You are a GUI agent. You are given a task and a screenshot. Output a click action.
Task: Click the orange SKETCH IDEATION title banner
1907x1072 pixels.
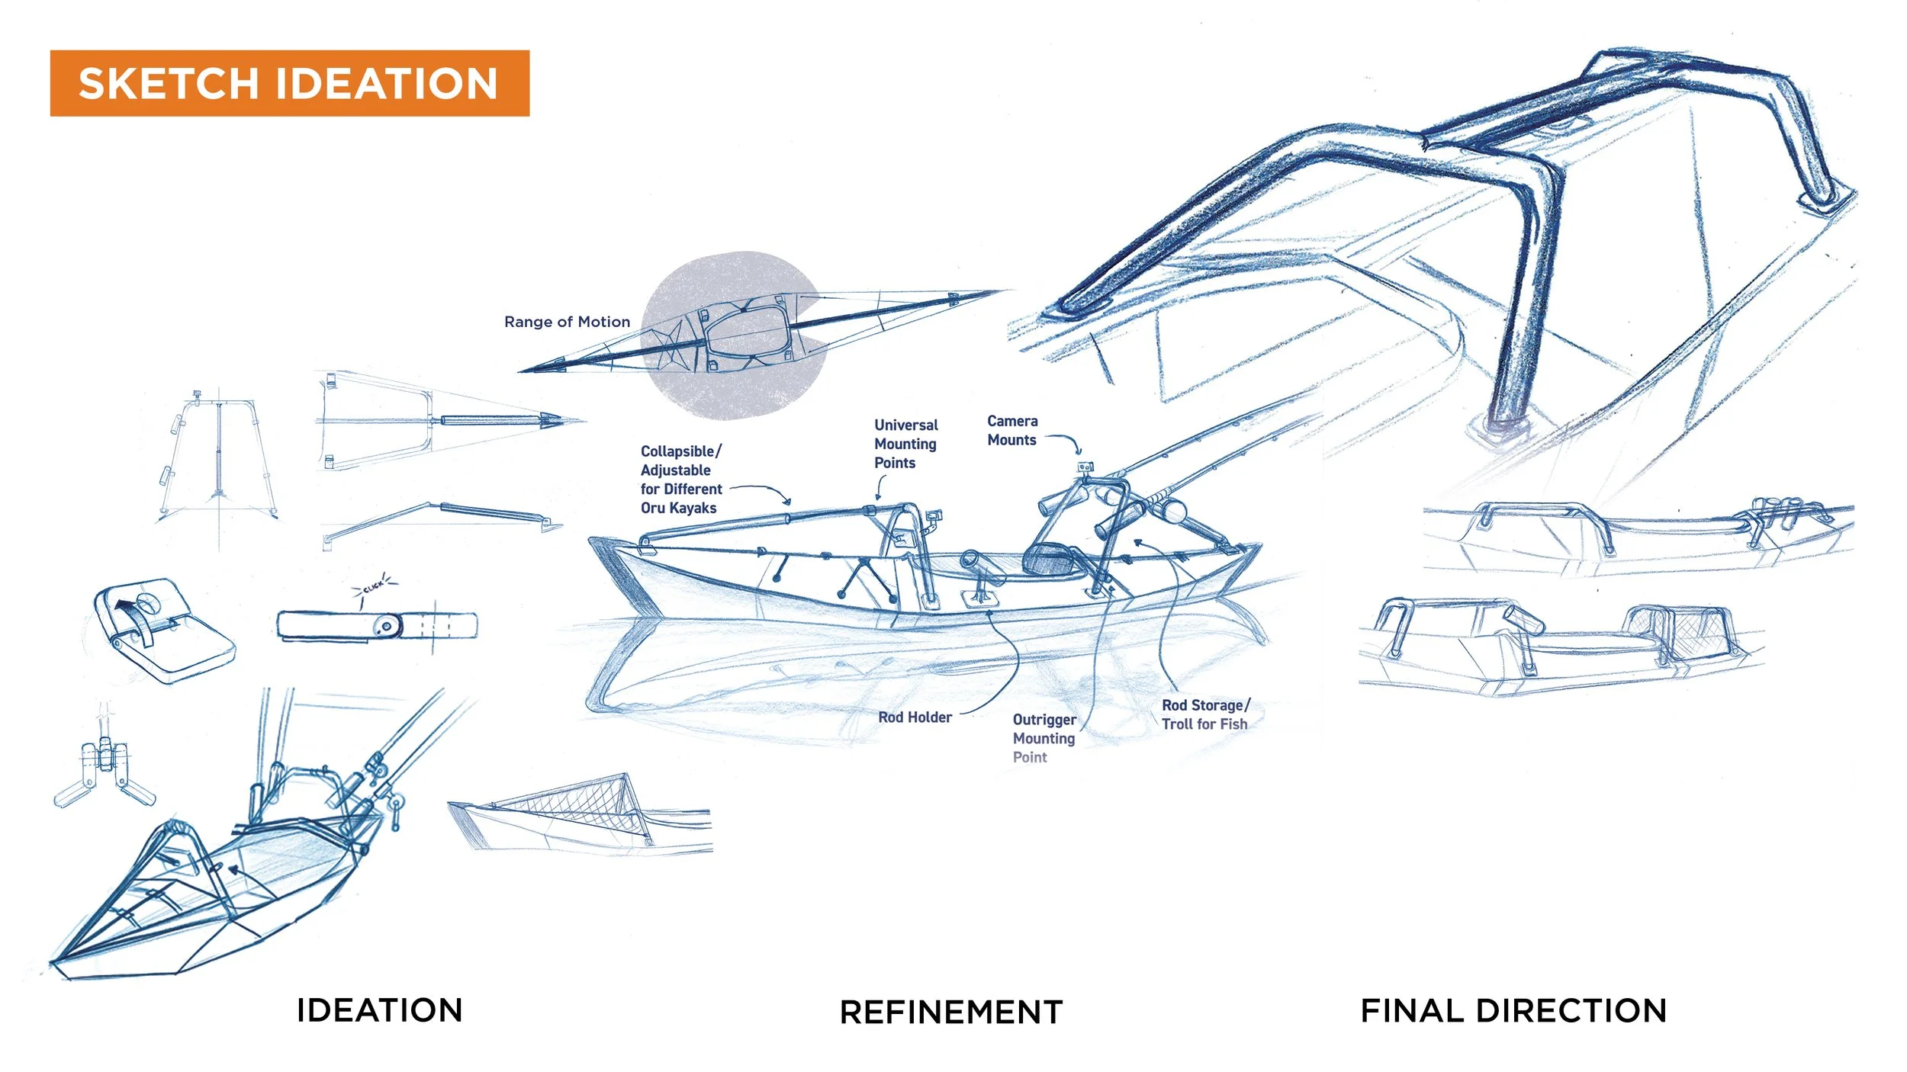coord(289,83)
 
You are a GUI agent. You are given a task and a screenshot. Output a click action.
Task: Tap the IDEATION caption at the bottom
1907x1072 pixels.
coord(379,1011)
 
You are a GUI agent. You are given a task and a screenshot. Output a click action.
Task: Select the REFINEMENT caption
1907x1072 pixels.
coord(951,1013)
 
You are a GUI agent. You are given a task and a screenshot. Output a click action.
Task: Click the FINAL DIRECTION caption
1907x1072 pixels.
coord(1513,1011)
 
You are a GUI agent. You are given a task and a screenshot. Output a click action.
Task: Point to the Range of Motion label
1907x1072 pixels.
coord(567,322)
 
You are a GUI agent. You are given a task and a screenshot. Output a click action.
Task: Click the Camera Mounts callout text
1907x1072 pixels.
coord(1012,430)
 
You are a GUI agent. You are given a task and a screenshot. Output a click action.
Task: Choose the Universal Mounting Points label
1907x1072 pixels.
coord(905,444)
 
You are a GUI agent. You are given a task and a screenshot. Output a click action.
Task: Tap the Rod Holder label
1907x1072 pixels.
coord(915,717)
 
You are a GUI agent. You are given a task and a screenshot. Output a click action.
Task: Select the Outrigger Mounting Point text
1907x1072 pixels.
coord(1044,738)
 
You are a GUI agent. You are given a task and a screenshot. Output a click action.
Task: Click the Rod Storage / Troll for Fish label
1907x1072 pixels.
coord(1204,715)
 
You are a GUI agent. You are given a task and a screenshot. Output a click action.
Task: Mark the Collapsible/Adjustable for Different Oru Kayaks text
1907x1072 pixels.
coord(680,480)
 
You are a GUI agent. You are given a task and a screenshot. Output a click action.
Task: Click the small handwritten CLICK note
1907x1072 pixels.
coord(374,587)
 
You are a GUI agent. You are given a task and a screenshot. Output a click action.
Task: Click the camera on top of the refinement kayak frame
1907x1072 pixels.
coord(1085,467)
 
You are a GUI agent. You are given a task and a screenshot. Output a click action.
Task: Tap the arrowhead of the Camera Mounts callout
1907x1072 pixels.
coord(1079,452)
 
